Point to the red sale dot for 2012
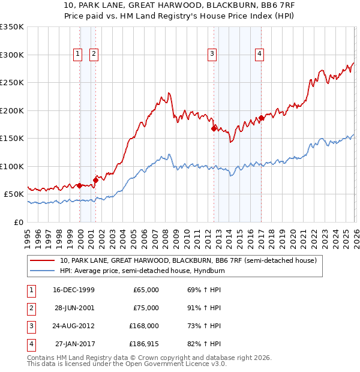214,128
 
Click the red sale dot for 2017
260,118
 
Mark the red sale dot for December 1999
80,185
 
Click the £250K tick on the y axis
12,82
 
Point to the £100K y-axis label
12,166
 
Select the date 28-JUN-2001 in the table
75,308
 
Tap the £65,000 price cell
146,290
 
